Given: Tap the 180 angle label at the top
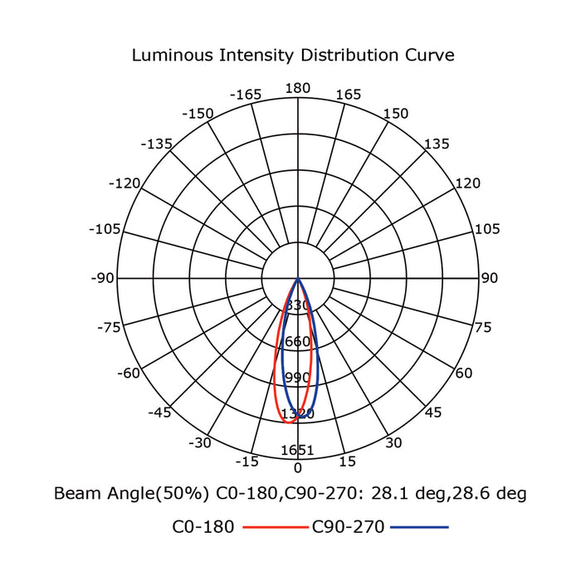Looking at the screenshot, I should click(297, 89).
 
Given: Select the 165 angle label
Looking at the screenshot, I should click(349, 95).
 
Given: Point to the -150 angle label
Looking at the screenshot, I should click(198, 114).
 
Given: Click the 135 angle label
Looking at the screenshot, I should click(437, 144).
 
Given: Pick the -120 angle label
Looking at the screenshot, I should click(125, 183).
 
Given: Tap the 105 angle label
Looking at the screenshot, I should click(486, 229).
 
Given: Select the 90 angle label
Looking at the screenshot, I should click(490, 278).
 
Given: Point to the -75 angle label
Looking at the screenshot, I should click(110, 327).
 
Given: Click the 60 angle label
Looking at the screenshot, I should click(463, 373).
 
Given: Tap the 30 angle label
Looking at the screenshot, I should click(393, 443).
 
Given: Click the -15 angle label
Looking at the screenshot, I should click(247, 461).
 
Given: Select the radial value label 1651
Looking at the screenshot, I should click(298, 451).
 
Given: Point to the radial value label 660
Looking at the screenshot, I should click(297, 342).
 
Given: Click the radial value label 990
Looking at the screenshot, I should click(297, 378).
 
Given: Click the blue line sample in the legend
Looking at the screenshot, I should click(419, 527).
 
